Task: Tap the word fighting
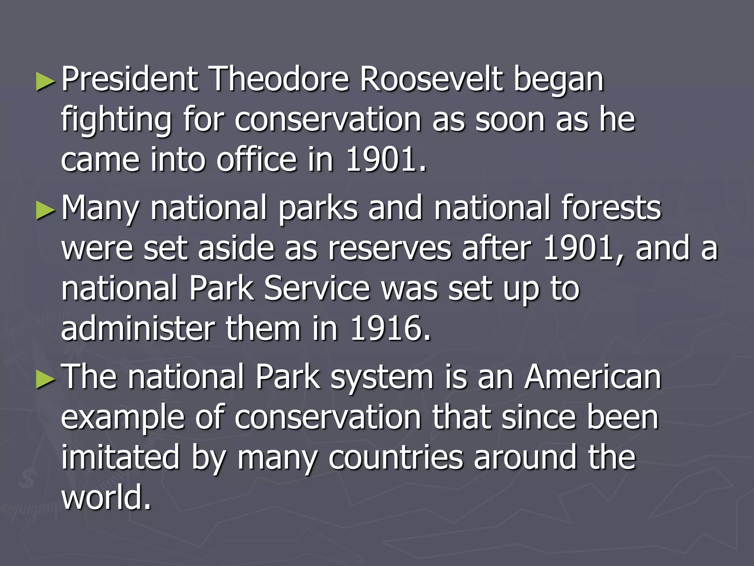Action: coord(116,121)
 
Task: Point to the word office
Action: coord(257,160)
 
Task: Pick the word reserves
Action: coord(390,249)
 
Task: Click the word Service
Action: coord(317,289)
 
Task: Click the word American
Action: coord(593,377)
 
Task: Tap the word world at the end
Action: coord(106,497)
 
